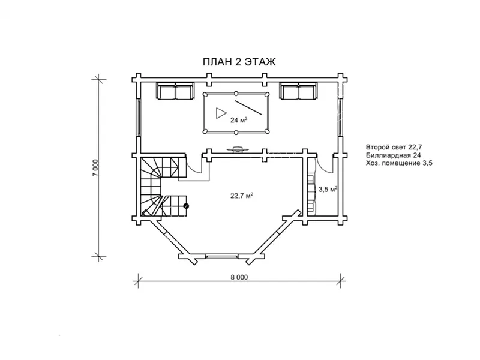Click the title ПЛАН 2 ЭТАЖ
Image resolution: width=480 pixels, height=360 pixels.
[239, 62]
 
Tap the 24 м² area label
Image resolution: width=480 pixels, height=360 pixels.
[239, 120]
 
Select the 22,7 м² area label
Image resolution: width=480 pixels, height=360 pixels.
[242, 196]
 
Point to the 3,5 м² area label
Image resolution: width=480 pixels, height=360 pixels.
[328, 189]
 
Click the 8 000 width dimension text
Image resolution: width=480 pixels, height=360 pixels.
[239, 277]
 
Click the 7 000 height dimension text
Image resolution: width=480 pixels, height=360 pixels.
[96, 167]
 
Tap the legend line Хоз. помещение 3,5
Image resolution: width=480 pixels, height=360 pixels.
[399, 163]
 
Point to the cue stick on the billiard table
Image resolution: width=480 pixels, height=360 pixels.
[248, 107]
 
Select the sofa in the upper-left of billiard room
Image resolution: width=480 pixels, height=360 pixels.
[175, 91]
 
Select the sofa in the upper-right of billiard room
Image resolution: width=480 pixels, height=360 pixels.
[298, 91]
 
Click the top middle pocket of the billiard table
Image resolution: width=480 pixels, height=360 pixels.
[236, 93]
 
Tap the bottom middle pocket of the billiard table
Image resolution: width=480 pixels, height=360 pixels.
[236, 132]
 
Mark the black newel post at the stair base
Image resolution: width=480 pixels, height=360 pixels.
[186, 206]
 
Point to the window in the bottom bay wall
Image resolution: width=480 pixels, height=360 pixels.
[221, 256]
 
